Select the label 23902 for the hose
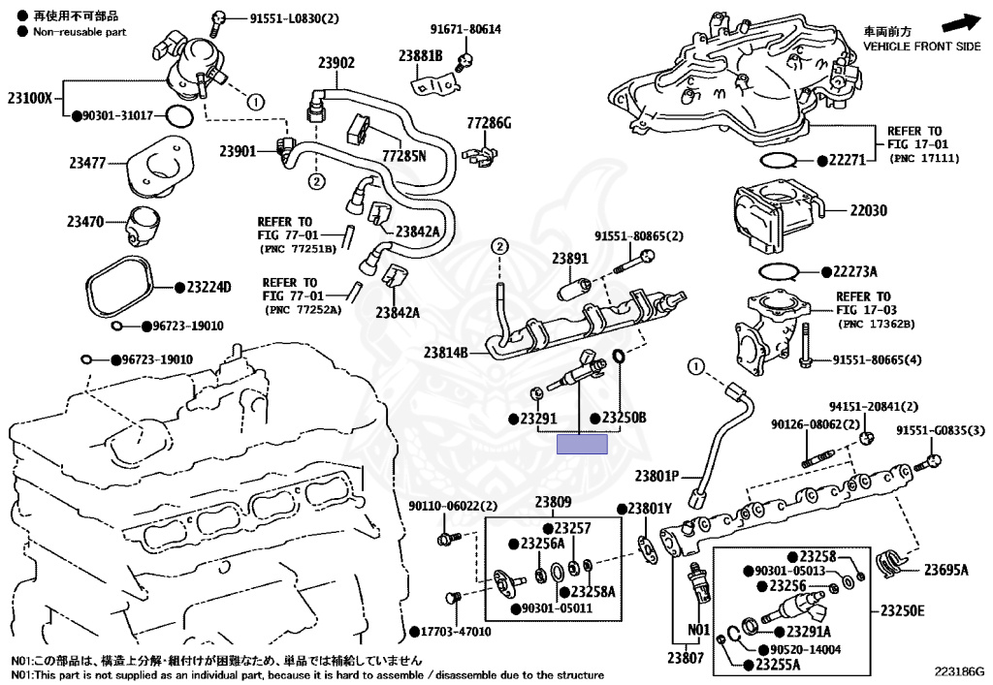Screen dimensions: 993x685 pyautogui.click(x=336, y=62)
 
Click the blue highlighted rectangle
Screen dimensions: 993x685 pyautogui.click(x=582, y=444)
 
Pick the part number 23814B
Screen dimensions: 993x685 pyautogui.click(x=446, y=353)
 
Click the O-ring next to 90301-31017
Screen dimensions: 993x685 pyautogui.click(x=178, y=115)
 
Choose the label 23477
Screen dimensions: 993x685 pyautogui.click(x=87, y=163)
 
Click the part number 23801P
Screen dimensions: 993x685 pyautogui.click(x=657, y=476)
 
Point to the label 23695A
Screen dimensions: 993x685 pyautogui.click(x=946, y=570)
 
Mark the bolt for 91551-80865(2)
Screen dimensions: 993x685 pyautogui.click(x=633, y=262)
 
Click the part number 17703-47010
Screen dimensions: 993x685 pyautogui.click(x=456, y=632)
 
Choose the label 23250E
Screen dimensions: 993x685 pyautogui.click(x=903, y=610)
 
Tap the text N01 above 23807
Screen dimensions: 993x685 pyautogui.click(x=699, y=630)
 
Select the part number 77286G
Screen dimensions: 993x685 pyautogui.click(x=489, y=123)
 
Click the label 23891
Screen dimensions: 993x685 pyautogui.click(x=570, y=258)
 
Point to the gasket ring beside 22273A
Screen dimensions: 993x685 pyautogui.click(x=778, y=271)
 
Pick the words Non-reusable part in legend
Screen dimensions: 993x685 pyautogui.click(x=80, y=32)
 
